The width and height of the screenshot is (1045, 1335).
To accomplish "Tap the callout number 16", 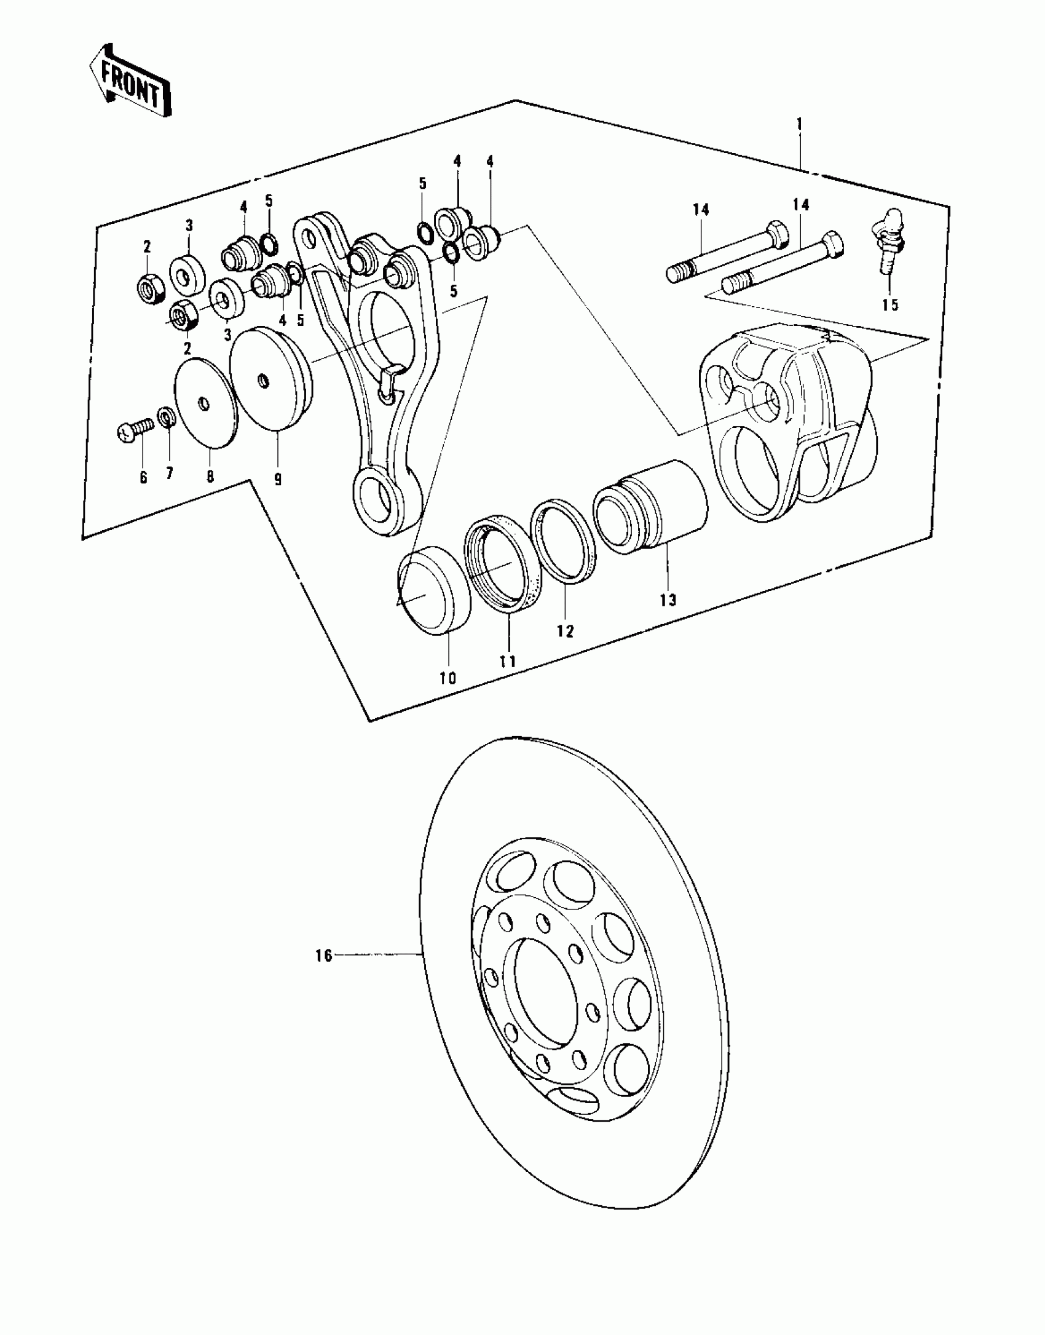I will [323, 956].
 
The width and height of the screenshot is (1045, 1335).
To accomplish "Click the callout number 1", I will [799, 124].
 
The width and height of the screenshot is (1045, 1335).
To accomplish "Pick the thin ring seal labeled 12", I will [563, 541].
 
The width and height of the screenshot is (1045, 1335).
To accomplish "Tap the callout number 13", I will [668, 600].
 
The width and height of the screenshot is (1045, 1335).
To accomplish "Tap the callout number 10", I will [448, 678].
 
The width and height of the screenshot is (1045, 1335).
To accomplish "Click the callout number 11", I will [507, 662].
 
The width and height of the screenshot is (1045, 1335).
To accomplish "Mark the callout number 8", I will [210, 477].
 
